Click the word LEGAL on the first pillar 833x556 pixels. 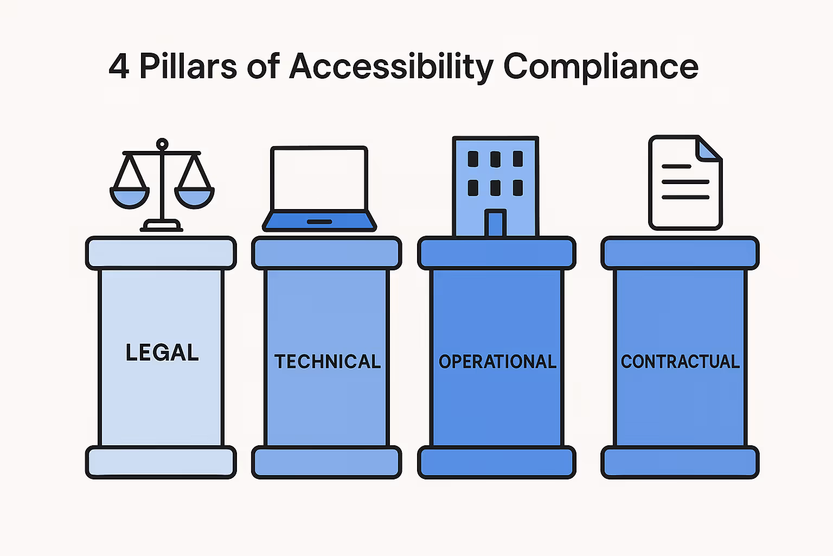162,353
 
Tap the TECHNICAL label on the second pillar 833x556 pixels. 327,362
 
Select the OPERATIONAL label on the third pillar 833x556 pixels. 497,362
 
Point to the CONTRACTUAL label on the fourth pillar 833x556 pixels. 680,362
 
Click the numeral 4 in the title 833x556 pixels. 119,67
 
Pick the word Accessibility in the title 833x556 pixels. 391,67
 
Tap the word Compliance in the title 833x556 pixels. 600,67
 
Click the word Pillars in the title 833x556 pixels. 188,67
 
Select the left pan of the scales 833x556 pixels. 129,197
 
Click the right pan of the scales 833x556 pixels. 195,197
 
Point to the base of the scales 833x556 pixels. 162,225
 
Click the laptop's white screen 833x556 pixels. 319,178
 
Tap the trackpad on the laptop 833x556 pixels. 319,222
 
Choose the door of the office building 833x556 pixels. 495,223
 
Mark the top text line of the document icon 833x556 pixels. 676,167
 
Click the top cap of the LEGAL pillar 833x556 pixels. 161,253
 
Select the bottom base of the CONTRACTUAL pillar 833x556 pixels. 680,463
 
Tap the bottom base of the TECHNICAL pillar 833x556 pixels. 326,463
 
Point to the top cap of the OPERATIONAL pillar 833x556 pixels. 497,253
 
